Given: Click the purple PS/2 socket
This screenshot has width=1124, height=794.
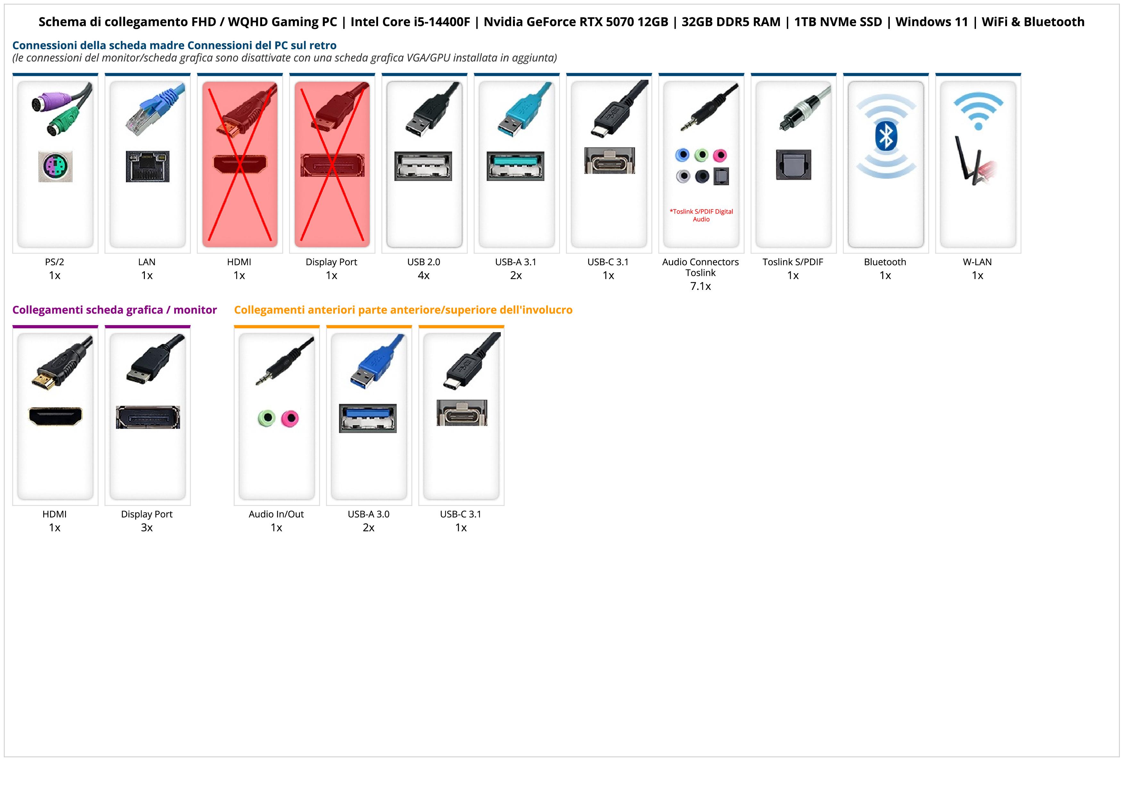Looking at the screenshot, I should coord(55,167).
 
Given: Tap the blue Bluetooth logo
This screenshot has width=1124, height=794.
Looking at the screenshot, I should coord(886,136).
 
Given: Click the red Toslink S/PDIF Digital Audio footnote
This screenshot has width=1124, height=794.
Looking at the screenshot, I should coord(701,215).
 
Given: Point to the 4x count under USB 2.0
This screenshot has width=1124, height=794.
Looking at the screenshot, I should coord(424,275).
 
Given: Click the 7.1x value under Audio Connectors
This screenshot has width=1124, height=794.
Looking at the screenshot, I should coord(700,286).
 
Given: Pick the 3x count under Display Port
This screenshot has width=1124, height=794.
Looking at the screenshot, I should coord(147,528).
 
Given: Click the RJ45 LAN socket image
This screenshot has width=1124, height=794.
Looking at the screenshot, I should coord(147,166).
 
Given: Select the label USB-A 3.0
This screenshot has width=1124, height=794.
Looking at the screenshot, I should coord(368,514).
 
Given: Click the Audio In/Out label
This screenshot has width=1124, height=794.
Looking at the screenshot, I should coord(276,514).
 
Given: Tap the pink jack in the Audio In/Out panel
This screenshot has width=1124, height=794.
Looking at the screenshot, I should coord(290,418).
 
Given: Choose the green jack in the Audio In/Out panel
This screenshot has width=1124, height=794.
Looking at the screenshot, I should coord(266,418).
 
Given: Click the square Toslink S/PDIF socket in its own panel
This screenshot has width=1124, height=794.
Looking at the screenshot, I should coord(794,165).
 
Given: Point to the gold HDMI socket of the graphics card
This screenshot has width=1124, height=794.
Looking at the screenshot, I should coord(55,416).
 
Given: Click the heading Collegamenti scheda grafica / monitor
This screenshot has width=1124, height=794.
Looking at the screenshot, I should coord(115,310).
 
